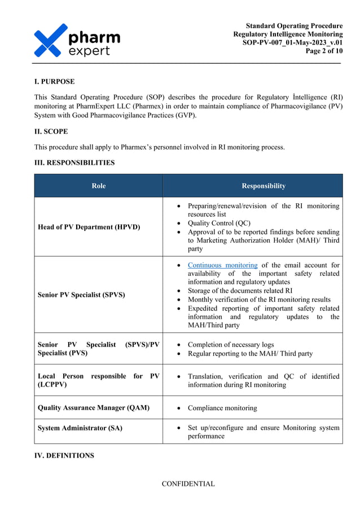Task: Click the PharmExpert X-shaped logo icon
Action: point(51,40)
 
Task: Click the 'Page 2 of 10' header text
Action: point(324,51)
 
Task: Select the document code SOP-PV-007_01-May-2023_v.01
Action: point(292,43)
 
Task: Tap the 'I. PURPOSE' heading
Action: point(54,82)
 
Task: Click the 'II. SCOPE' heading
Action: point(51,131)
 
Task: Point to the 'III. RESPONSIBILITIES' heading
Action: point(74,163)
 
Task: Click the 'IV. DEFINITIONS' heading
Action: point(64,455)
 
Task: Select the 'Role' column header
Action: point(98,186)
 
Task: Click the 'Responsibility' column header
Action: point(264,186)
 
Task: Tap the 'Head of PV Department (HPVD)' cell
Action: point(89,227)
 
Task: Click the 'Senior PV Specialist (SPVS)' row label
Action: point(81,295)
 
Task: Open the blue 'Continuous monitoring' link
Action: point(222,265)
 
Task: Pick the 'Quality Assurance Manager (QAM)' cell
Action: point(94,407)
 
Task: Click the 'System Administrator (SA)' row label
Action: point(80,428)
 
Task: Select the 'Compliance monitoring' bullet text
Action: point(222,408)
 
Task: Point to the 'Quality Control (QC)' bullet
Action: point(219,223)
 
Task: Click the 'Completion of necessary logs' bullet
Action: point(231,345)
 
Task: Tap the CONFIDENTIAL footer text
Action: point(188,484)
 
